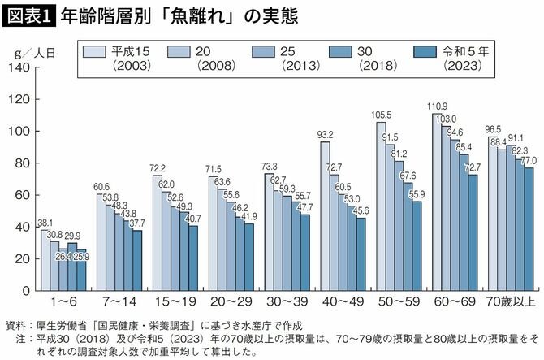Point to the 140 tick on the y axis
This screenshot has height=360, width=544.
pyautogui.click(x=18, y=67)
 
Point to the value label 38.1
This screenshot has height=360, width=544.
pyautogui.click(x=45, y=223)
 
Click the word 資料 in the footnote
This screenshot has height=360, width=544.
pyautogui.click(x=15, y=324)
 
